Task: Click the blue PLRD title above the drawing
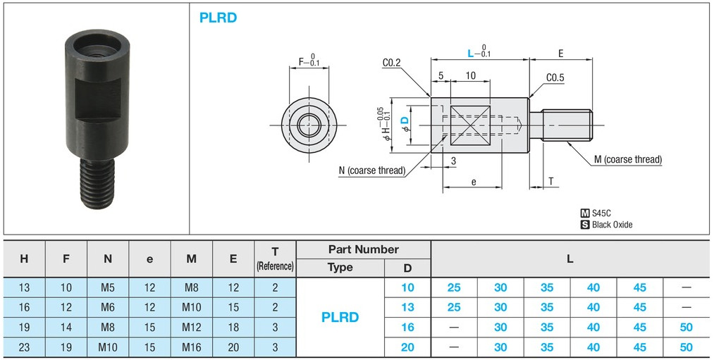pos(218,18)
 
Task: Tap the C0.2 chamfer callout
pos(392,63)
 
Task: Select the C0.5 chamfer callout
pos(555,78)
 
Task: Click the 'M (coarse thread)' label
pos(627,159)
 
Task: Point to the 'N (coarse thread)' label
pos(371,170)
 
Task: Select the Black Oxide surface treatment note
pos(612,225)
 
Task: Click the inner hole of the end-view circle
pos(309,126)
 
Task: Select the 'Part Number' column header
pos(363,249)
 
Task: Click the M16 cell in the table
pos(191,347)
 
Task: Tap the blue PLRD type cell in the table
pos(340,317)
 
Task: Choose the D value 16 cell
pos(407,327)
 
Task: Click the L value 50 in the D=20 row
pos(686,347)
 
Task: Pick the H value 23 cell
pos(24,347)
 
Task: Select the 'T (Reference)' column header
pos(275,259)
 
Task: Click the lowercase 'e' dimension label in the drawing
pos(473,182)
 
